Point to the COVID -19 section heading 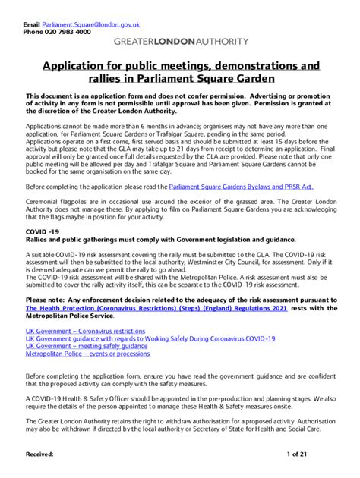point(43,230)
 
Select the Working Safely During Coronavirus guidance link point(150,338)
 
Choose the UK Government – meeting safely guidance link point(87,346)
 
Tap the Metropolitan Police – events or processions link point(88,354)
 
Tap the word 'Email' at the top point(31,25)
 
